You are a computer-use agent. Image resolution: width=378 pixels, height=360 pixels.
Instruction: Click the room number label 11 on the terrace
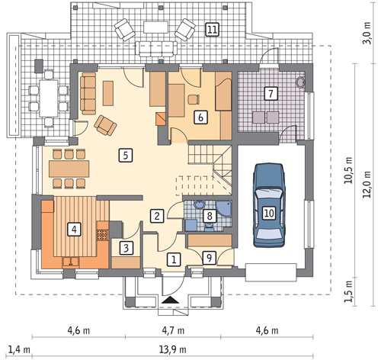click(x=212, y=30)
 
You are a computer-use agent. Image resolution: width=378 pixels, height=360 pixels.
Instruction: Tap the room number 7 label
click(x=271, y=94)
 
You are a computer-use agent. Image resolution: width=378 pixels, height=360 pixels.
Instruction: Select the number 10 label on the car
click(x=269, y=213)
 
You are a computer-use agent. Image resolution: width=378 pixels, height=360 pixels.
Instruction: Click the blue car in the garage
click(x=269, y=205)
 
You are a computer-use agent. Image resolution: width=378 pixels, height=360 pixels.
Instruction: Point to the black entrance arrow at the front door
click(x=171, y=300)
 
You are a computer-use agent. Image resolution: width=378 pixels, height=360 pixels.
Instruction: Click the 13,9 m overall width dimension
click(x=173, y=349)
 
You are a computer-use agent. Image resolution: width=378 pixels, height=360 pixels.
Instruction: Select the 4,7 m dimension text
click(x=173, y=330)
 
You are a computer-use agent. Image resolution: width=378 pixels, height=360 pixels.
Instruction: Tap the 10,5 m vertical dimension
click(x=348, y=170)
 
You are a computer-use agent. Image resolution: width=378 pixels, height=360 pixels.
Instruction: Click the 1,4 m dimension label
click(x=19, y=349)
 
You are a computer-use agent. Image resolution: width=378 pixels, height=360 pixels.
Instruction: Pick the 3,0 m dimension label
click(x=367, y=34)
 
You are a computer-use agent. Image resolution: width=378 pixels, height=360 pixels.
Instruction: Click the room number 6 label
click(x=200, y=117)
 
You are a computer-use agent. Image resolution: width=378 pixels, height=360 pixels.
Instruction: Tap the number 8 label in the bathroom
click(x=210, y=216)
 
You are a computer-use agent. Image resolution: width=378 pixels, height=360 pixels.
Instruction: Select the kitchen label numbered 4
click(x=74, y=230)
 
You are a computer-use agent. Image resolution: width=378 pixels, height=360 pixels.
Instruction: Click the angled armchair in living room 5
click(x=105, y=125)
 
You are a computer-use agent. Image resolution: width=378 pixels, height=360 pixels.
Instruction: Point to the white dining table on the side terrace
click(x=49, y=98)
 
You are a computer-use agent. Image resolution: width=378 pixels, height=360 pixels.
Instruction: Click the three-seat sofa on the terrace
click(x=156, y=49)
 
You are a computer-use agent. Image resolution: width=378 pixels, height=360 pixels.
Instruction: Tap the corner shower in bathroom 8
click(x=223, y=208)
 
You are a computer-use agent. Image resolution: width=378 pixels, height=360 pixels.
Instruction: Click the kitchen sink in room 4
click(x=71, y=262)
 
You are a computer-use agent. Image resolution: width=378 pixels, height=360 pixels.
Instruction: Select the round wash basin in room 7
click(x=301, y=82)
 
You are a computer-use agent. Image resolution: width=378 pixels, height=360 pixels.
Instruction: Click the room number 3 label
click(x=127, y=248)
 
